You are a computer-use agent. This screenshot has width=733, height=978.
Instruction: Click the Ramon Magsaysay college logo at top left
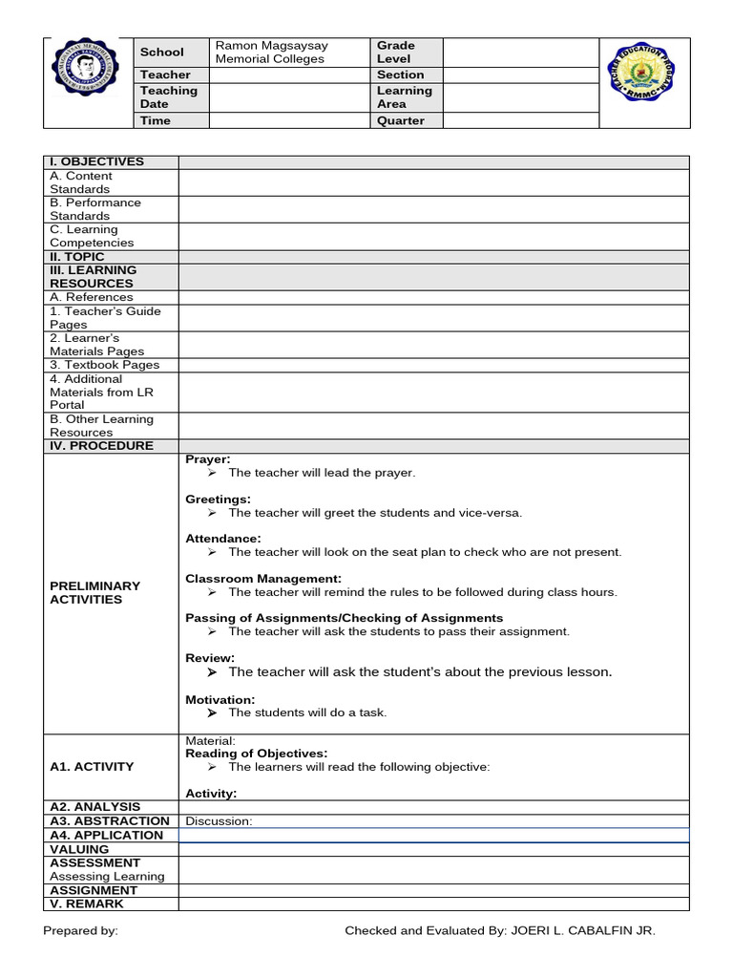tap(88, 82)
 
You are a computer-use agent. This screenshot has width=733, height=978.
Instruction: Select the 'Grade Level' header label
tap(395, 52)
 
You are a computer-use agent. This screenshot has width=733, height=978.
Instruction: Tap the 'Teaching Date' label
tap(168, 96)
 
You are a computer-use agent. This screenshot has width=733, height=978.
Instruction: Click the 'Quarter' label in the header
tap(400, 121)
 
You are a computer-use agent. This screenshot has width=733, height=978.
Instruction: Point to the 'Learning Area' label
tap(404, 96)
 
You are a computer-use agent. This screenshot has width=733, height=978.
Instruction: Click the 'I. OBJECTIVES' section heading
tap(96, 161)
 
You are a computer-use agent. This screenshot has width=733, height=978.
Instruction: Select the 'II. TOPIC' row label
tap(77, 257)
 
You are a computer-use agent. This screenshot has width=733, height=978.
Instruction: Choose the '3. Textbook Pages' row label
tap(105, 365)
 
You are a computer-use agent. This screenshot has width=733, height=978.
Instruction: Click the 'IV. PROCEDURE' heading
tap(101, 446)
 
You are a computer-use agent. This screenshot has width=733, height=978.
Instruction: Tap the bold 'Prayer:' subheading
tap(208, 459)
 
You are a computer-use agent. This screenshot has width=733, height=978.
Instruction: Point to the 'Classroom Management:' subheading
tap(263, 579)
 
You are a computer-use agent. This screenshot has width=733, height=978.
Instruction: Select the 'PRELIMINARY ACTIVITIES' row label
tap(94, 592)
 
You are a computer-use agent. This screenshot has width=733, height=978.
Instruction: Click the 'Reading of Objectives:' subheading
tap(256, 754)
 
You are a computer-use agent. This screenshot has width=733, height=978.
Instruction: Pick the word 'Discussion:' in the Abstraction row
tap(219, 821)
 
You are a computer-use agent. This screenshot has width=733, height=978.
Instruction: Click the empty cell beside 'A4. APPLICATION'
tap(433, 836)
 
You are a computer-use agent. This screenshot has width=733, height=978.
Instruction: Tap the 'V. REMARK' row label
tap(87, 904)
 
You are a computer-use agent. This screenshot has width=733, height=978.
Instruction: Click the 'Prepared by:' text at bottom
tap(81, 930)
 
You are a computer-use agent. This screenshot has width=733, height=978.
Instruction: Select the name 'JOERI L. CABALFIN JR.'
tap(583, 930)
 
